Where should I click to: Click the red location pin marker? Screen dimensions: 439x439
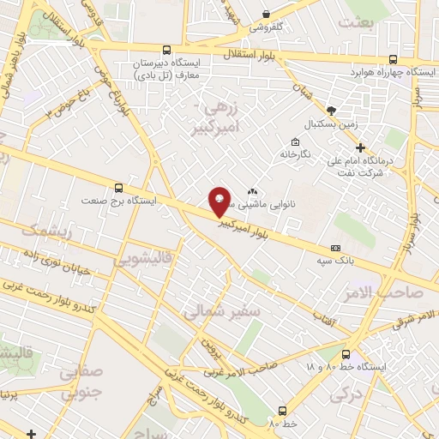[x=219, y=201]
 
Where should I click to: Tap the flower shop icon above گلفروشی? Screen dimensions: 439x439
[x=267, y=14]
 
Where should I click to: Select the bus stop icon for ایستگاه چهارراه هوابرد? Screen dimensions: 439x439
[x=393, y=59]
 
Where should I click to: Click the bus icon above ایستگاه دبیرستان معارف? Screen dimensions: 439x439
[x=166, y=51]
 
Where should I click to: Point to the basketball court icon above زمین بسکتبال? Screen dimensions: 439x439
[x=331, y=111]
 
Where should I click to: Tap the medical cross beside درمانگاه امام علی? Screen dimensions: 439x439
[x=361, y=147]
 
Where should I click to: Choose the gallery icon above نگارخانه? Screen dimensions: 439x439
[x=296, y=142]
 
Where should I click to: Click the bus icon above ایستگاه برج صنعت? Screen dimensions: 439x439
[x=118, y=188]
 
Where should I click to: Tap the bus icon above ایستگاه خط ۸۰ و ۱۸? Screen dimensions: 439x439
[x=346, y=354]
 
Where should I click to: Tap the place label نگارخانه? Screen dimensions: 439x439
[x=295, y=154]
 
